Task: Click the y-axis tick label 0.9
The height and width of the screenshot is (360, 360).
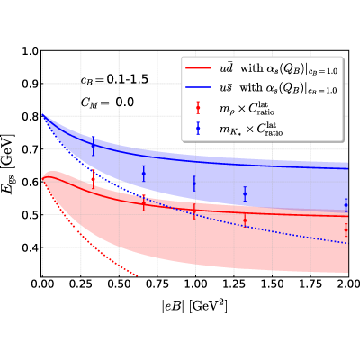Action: (x=31, y=84)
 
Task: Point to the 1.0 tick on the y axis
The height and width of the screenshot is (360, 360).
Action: (x=31, y=51)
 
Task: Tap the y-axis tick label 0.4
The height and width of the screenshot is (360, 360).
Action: (x=31, y=247)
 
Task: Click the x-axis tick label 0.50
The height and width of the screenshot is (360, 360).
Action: (x=119, y=283)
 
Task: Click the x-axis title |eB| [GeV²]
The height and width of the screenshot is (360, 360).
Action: (x=194, y=307)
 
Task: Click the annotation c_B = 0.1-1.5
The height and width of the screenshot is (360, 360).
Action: (x=114, y=80)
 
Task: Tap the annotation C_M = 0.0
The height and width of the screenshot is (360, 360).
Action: (x=107, y=103)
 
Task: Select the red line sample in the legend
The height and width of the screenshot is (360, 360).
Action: (x=198, y=68)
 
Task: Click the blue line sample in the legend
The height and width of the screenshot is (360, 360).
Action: (x=198, y=87)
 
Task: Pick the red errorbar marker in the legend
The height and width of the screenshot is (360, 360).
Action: (x=198, y=108)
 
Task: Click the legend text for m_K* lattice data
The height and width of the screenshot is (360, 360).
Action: (x=251, y=130)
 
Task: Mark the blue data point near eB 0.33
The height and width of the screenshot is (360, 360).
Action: (x=93, y=146)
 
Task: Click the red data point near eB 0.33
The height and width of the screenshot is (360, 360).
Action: (x=93, y=179)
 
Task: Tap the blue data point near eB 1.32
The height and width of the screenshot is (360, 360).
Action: (x=245, y=194)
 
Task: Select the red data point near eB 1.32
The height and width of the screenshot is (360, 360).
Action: (x=245, y=220)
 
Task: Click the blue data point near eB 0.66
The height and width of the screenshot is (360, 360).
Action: (x=144, y=174)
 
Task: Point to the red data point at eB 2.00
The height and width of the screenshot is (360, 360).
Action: (x=346, y=230)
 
